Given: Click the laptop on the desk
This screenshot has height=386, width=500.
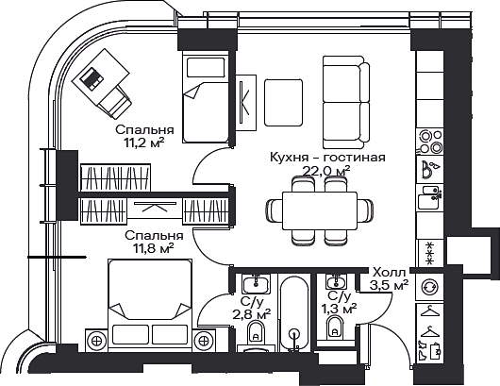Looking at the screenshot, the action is (92, 78).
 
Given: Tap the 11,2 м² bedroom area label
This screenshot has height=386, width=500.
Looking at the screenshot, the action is (144, 143).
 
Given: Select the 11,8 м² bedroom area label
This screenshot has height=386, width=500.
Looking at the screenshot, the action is (154, 248).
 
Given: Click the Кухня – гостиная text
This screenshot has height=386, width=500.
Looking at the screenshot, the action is (327, 158).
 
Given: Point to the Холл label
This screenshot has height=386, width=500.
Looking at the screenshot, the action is (389, 273).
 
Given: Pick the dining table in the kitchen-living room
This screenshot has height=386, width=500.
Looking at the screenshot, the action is (320, 210).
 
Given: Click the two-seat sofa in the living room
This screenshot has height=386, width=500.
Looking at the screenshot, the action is (346, 102).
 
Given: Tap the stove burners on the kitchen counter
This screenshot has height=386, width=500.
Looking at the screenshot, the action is (430, 141).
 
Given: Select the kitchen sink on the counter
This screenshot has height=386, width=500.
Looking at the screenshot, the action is (429, 197).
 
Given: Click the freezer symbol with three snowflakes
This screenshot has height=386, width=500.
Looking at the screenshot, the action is (430, 254).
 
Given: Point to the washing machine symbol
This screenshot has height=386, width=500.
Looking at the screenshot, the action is (429, 287).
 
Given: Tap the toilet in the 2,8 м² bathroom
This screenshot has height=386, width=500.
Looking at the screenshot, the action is (256, 331).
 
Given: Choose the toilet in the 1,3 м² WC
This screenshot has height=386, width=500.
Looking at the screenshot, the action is (335, 327).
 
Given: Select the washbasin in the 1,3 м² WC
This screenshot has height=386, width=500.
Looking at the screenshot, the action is (335, 282).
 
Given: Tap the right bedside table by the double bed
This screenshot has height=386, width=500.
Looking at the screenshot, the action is (204, 341).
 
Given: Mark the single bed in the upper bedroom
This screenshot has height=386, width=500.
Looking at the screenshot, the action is (206, 98).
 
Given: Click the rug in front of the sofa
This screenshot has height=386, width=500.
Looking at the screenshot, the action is (283, 103).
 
